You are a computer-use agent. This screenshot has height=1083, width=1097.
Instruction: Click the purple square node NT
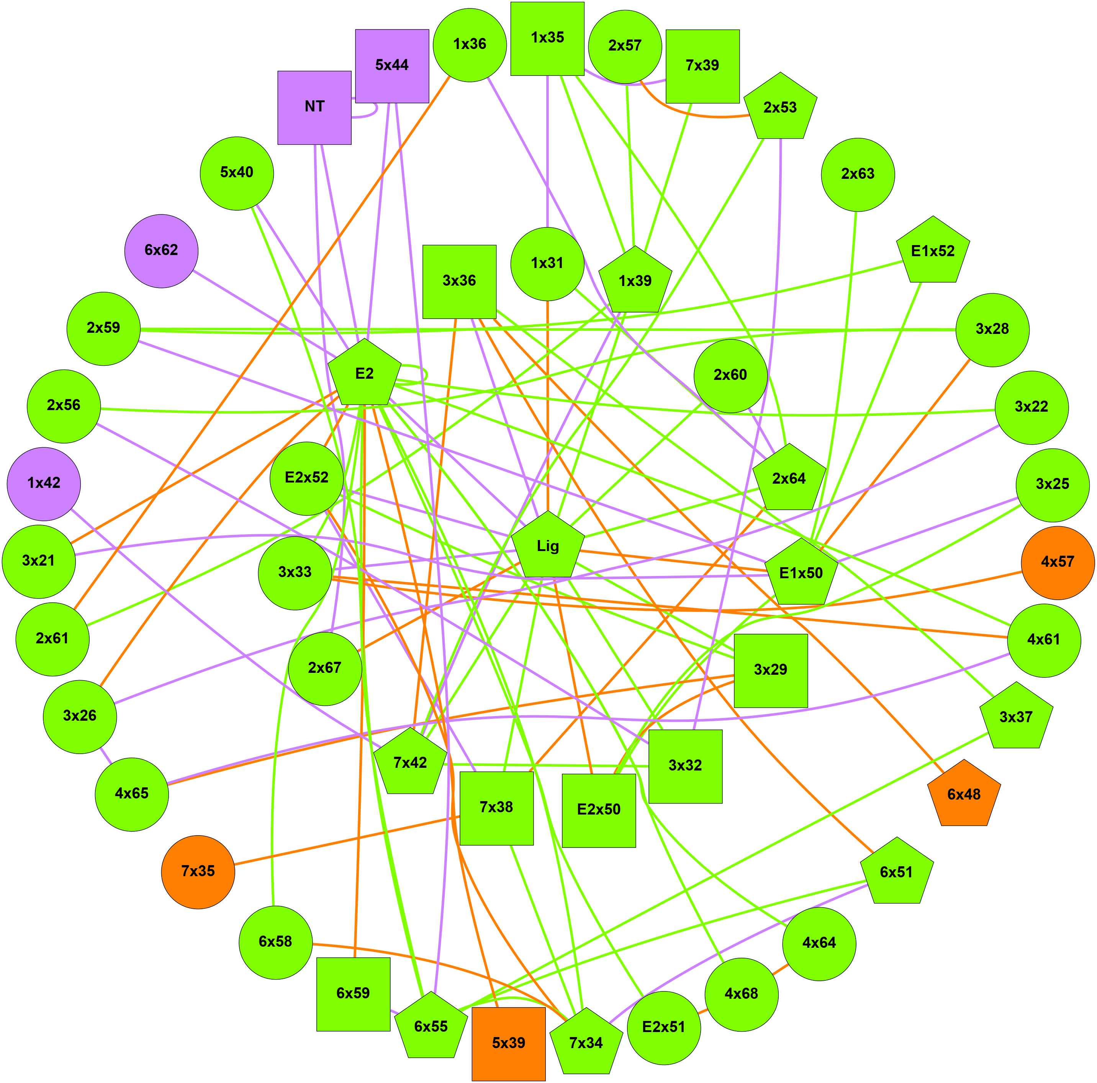pyautogui.click(x=314, y=107)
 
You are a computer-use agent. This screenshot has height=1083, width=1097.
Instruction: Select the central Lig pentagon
pyautogui.click(x=548, y=546)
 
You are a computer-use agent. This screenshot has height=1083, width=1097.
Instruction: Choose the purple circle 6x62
pyautogui.click(x=161, y=250)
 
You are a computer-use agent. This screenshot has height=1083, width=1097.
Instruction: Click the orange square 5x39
pyautogui.click(x=508, y=1043)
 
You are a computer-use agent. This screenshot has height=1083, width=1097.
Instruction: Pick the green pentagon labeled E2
pyautogui.click(x=365, y=374)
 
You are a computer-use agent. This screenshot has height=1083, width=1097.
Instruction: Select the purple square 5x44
pyautogui.click(x=392, y=66)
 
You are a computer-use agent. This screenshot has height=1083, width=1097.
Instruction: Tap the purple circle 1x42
pyautogui.click(x=44, y=484)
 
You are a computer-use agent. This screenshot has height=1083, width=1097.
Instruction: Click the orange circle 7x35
pyautogui.click(x=198, y=871)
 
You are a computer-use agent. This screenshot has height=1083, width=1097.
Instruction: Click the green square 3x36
pyautogui.click(x=459, y=281)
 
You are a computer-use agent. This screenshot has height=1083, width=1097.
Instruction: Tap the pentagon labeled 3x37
pyautogui.click(x=1016, y=717)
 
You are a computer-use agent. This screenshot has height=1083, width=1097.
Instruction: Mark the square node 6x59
pyautogui.click(x=353, y=994)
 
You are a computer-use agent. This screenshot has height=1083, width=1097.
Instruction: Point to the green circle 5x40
pyautogui.click(x=237, y=173)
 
